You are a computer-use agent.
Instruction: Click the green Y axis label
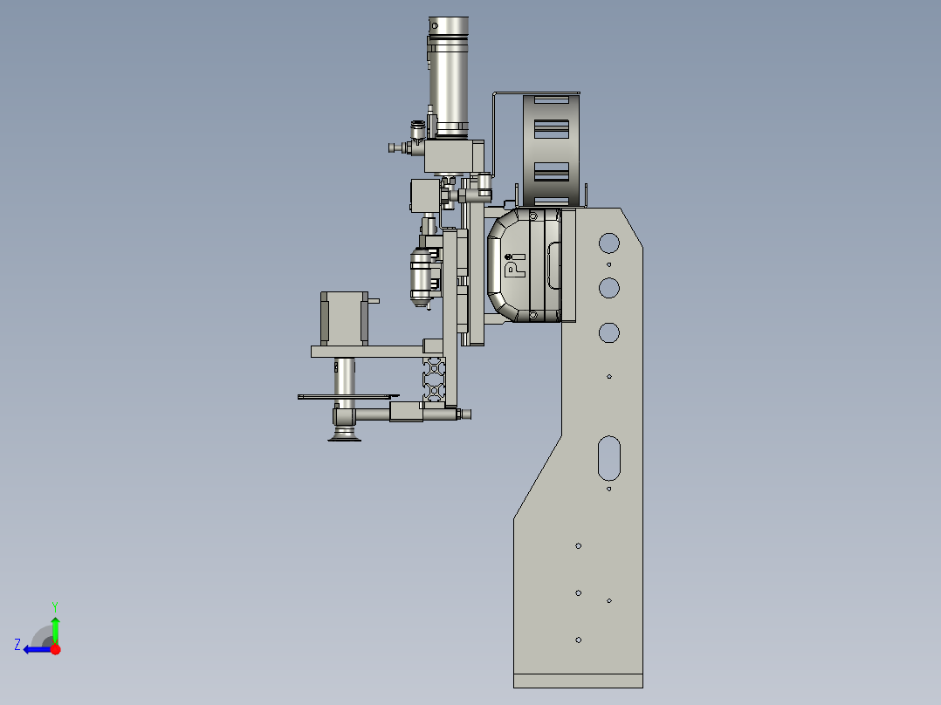tap(55, 606)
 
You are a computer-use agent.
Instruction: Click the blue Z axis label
tap(17, 645)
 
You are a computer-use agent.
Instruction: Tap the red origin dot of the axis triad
tap(55, 649)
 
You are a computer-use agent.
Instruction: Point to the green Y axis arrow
tap(55, 630)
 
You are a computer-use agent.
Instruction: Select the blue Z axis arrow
tap(38, 650)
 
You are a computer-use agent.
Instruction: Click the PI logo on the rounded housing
tap(515, 264)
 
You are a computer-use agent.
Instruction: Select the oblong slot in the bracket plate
tap(609, 458)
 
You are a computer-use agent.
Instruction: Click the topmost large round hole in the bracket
tap(609, 243)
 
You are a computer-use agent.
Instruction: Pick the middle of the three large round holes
tap(609, 288)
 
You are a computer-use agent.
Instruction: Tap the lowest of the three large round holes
tap(609, 333)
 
